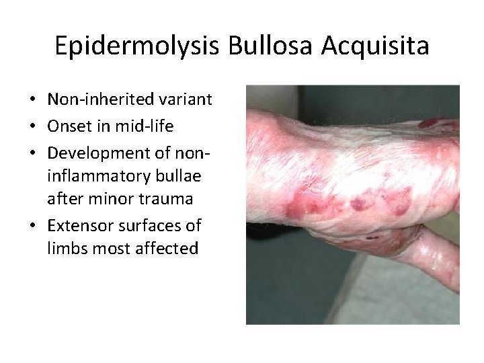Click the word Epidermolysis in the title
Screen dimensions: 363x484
tap(137, 46)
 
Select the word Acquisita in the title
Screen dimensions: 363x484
tap(375, 46)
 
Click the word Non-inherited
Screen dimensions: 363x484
tap(99, 100)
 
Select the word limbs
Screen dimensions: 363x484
tap(67, 249)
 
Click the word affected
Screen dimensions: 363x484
tap(172, 249)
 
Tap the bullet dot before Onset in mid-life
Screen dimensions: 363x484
tap(32, 127)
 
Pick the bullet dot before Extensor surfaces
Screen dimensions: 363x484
tap(32, 225)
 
